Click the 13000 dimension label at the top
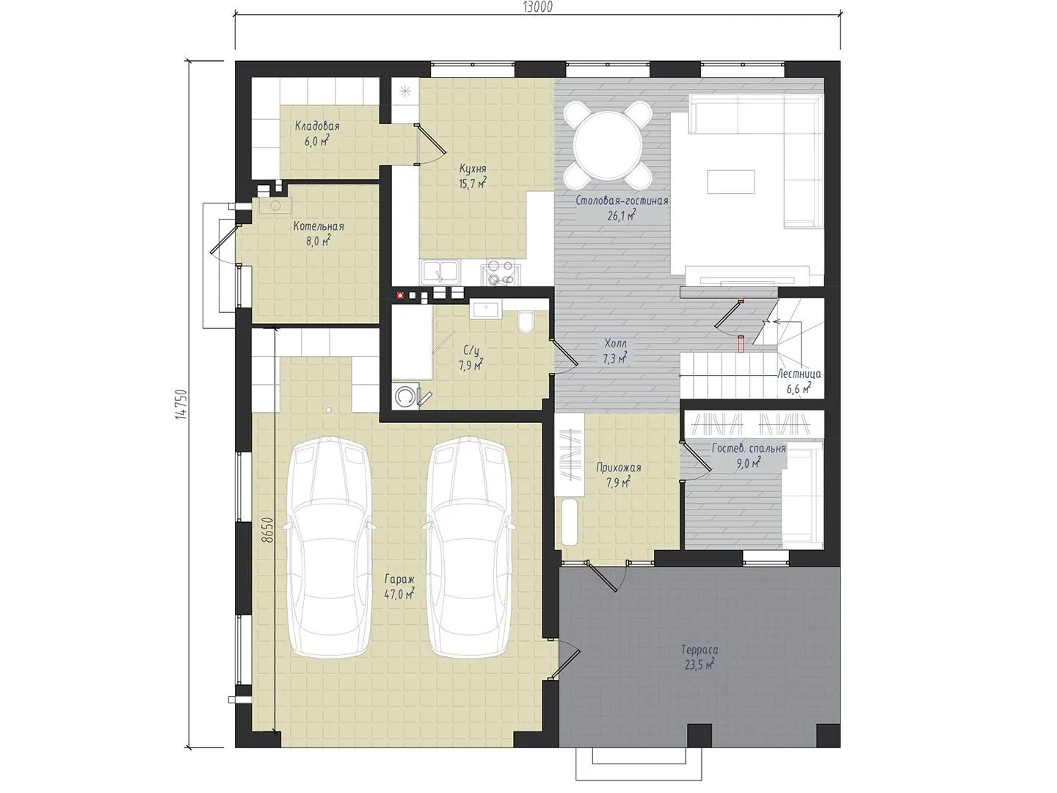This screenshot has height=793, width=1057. tap(537, 7)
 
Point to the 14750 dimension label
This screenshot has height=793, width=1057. tap(181, 404)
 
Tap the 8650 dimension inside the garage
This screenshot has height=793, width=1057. tap(267, 530)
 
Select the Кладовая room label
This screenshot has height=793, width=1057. tap(317, 126)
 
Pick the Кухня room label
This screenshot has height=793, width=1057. tap(473, 169)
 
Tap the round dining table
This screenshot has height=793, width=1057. tap(607, 146)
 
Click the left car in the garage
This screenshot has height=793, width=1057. tap(330, 547)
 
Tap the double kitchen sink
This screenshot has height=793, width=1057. tap(440, 272)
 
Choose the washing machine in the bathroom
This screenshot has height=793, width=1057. tap(405, 396)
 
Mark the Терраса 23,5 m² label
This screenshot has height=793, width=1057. tap(700, 657)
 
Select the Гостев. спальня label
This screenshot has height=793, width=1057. tap(749, 448)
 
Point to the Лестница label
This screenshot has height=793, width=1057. tap(799, 374)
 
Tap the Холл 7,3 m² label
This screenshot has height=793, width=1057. tap(615, 351)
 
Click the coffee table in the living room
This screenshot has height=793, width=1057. tap(731, 181)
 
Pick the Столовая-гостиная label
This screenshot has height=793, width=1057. tap(622, 200)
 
